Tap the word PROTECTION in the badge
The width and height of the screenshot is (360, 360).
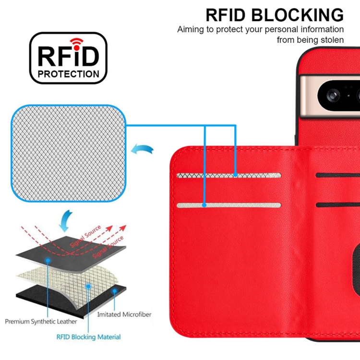69,74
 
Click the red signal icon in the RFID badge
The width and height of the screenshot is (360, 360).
75,41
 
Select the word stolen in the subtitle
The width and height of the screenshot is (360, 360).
330,40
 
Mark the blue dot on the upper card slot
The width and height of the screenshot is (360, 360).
236,175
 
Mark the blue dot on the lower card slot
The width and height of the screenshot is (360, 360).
204,205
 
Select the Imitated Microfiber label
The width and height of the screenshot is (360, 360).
124,314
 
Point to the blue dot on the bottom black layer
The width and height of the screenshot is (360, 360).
114,290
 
